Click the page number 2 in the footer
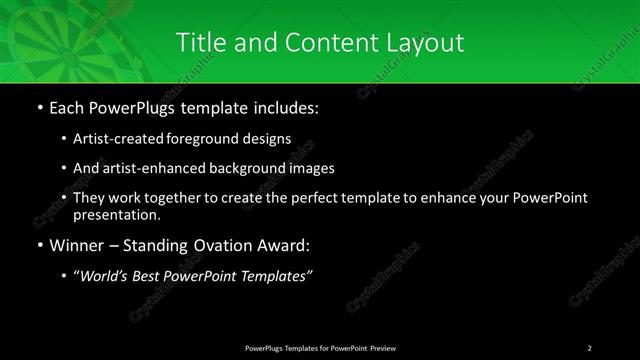589,347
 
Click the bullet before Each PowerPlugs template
39,105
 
